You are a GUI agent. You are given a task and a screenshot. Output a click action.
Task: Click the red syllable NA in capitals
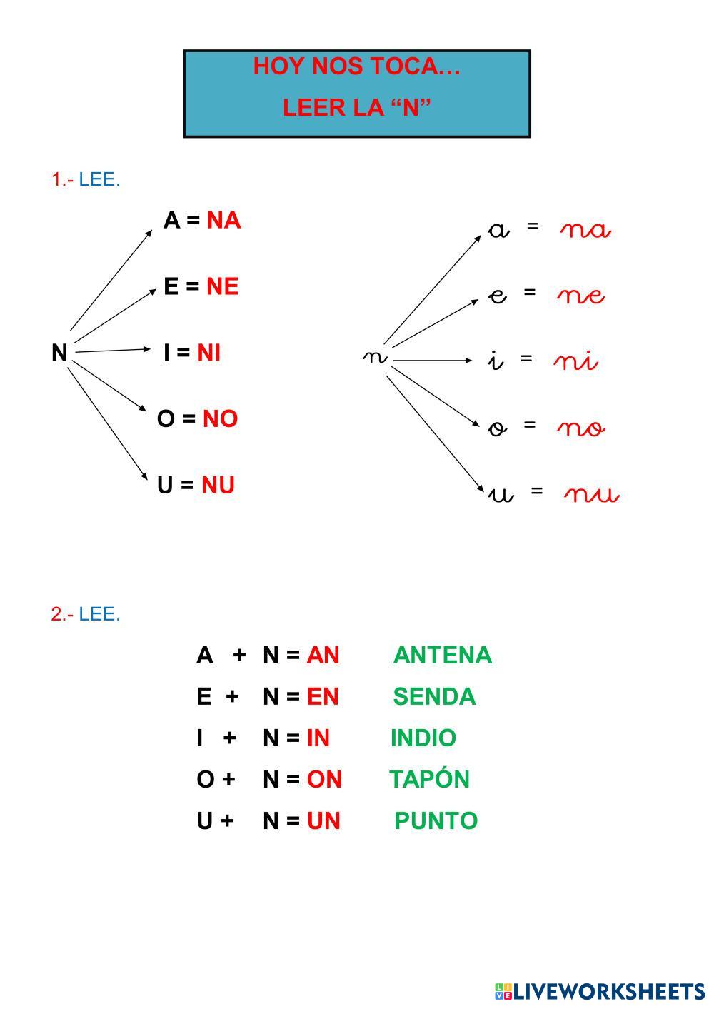[x=223, y=221]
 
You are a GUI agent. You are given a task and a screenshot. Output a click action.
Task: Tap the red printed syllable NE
[x=222, y=286]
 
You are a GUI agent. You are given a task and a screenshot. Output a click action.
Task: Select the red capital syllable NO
[x=220, y=418]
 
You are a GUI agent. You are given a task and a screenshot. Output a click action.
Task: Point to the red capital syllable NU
[x=218, y=485]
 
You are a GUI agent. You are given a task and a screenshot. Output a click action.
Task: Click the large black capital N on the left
[x=59, y=352]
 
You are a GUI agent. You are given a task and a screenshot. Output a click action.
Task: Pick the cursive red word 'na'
[x=585, y=230]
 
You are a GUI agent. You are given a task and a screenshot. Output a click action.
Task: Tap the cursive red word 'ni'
[x=575, y=361]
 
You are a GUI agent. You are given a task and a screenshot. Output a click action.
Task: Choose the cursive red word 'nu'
[x=591, y=494]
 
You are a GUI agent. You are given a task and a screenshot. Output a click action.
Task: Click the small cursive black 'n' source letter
[x=375, y=356]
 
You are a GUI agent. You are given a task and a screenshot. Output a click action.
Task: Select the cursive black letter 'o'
[x=498, y=428]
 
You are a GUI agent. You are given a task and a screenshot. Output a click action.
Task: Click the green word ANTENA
[x=442, y=655]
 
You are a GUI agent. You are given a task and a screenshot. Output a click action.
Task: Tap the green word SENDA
[x=434, y=696]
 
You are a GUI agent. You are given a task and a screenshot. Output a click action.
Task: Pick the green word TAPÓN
[x=429, y=778]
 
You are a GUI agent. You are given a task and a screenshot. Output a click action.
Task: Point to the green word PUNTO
[x=436, y=820]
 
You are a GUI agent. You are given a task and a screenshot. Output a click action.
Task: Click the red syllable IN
[x=318, y=738]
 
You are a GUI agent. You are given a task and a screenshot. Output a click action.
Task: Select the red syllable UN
[x=323, y=820]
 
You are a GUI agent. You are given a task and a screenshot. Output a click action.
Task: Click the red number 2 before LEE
[x=56, y=613]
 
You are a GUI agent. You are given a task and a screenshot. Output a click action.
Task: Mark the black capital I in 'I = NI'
[x=166, y=352]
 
